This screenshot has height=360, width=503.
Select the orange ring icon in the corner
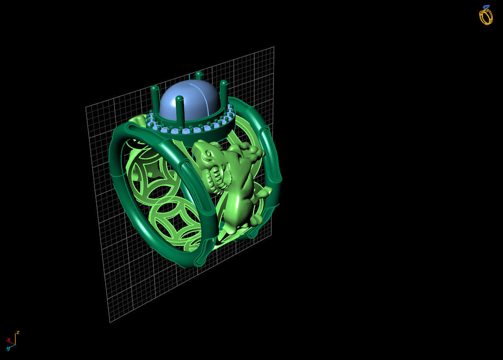click(486, 17)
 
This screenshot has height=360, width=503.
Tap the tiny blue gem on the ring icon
click(486, 7)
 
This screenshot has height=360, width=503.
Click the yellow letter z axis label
click(17, 332)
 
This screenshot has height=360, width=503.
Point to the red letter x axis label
click(9, 340)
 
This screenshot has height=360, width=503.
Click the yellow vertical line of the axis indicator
click(15, 339)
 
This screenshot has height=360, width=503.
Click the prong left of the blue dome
click(155, 98)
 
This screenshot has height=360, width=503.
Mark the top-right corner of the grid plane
click(273, 47)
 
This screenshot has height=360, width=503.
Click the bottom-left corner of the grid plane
click(110, 323)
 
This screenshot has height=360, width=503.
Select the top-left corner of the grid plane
click(86, 107)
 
